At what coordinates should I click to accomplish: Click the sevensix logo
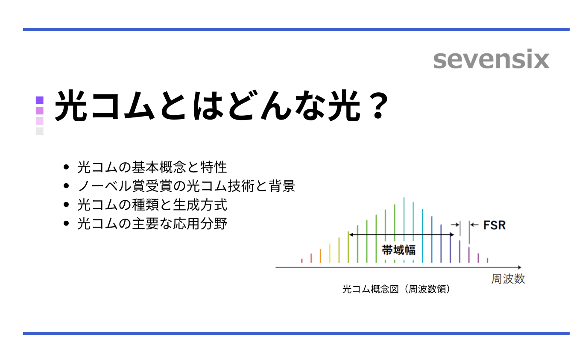pyautogui.click(x=491, y=60)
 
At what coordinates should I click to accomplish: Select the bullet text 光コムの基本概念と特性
pyautogui.click(x=152, y=167)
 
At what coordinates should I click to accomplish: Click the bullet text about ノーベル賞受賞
pyautogui.click(x=186, y=186)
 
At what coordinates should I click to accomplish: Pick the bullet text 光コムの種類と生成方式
pyautogui.click(x=152, y=205)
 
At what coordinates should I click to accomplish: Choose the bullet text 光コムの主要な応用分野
pyautogui.click(x=152, y=223)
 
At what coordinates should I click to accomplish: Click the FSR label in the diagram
pyautogui.click(x=494, y=225)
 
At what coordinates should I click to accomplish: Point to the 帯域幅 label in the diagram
pyautogui.click(x=398, y=250)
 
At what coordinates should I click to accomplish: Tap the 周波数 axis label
pyautogui.click(x=508, y=279)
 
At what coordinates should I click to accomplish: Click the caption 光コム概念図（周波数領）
pyautogui.click(x=396, y=289)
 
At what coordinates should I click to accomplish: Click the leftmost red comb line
pyautogui.click(x=302, y=260)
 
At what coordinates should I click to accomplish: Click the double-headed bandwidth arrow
pyautogui.click(x=401, y=234)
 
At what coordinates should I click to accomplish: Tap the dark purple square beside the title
pyautogui.click(x=40, y=100)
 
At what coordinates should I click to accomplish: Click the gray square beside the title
pyautogui.click(x=40, y=131)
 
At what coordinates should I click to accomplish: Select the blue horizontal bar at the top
pyautogui.click(x=296, y=29)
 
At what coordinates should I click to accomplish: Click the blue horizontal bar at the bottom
pyautogui.click(x=296, y=333)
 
